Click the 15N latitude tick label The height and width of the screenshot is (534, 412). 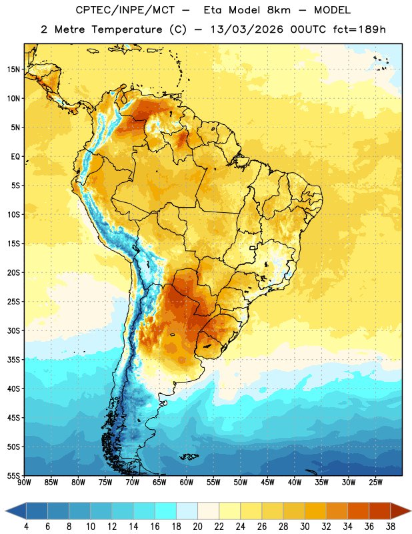point(13,69)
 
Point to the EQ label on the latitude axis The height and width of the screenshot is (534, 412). point(15,157)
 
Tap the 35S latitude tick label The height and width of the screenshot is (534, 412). point(13,360)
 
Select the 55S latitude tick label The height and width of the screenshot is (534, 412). point(13,475)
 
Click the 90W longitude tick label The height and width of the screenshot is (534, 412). point(24,483)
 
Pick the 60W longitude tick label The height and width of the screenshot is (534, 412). point(187,483)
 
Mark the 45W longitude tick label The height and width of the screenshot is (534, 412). point(267,483)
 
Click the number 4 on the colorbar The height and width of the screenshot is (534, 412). point(26,527)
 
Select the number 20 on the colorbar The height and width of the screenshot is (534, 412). point(197,527)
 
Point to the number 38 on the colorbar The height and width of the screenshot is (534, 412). point(390,527)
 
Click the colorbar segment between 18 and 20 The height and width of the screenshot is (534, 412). point(187,511)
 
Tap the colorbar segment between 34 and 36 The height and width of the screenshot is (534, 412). point(358,511)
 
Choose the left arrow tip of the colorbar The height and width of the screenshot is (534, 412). point(5,511)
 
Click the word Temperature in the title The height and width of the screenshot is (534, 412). point(127,29)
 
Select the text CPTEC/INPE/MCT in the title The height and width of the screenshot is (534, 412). point(125,10)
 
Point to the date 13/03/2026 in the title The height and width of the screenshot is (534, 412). point(247,29)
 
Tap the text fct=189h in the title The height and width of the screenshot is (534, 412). point(359,29)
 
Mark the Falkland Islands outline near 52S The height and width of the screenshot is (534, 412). point(189,457)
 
